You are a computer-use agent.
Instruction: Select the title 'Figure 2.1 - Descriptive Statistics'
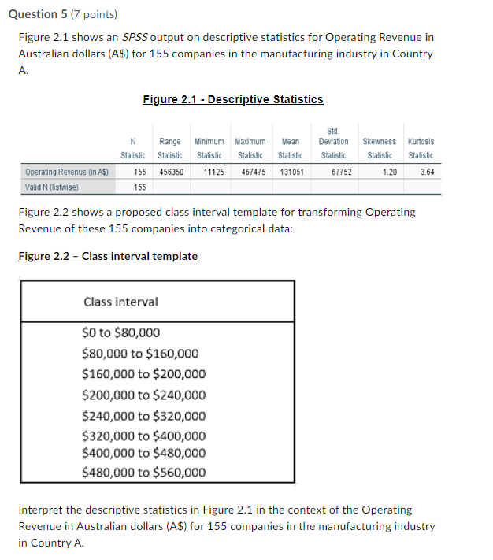(233, 99)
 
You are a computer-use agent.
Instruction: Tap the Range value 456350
(171, 172)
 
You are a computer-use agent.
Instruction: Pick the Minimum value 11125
(213, 172)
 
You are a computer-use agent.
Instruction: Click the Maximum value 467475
(251, 172)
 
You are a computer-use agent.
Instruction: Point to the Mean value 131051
(291, 172)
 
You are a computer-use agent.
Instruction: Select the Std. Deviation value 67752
(341, 172)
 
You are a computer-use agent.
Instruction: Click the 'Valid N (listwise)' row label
(53, 187)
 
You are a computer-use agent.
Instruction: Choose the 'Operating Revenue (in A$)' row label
(66, 172)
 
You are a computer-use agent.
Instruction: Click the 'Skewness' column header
(380, 141)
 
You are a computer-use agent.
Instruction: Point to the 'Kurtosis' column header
(421, 141)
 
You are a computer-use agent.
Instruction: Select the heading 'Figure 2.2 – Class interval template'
(108, 256)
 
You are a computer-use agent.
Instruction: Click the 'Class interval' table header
(120, 302)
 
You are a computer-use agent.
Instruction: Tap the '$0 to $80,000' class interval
(120, 332)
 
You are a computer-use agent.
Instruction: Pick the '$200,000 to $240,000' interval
(143, 395)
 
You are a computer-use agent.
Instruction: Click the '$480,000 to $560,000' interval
(143, 473)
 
